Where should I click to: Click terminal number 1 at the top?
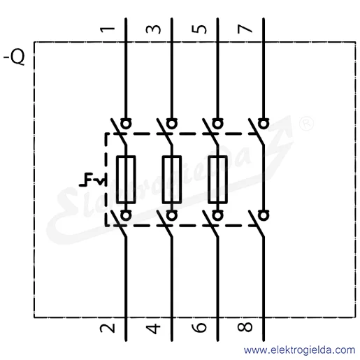(108, 29)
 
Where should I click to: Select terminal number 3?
(153, 29)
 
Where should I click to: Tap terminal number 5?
(199, 29)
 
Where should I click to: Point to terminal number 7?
(245, 29)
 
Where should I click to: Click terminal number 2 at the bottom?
(108, 328)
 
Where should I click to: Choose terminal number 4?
(153, 329)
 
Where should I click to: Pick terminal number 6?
(199, 327)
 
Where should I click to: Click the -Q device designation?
(14, 57)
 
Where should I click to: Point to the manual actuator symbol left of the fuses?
(92, 180)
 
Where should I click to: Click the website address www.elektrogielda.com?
(299, 350)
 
